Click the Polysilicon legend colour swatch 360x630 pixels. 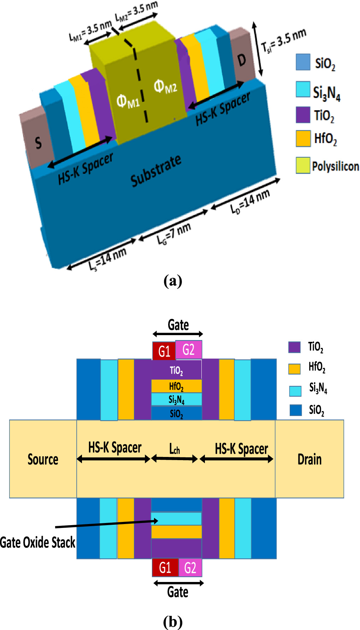click(303, 165)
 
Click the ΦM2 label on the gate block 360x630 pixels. click(165, 86)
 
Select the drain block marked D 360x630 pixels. click(242, 60)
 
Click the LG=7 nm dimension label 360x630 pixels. click(174, 233)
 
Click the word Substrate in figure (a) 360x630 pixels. click(155, 171)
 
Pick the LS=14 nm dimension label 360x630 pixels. click(107, 259)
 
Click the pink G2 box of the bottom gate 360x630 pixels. click(190, 568)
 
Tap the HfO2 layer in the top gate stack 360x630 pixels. click(176, 386)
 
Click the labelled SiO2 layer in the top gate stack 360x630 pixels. click(176, 413)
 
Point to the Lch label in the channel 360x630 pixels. click(175, 449)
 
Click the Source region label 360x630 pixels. click(43, 459)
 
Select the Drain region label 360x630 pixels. click(309, 459)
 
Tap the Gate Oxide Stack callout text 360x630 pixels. click(37, 542)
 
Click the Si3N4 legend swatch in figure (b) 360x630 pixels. click(295, 391)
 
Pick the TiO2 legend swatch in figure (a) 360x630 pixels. click(303, 115)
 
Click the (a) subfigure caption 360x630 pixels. click(173, 281)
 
